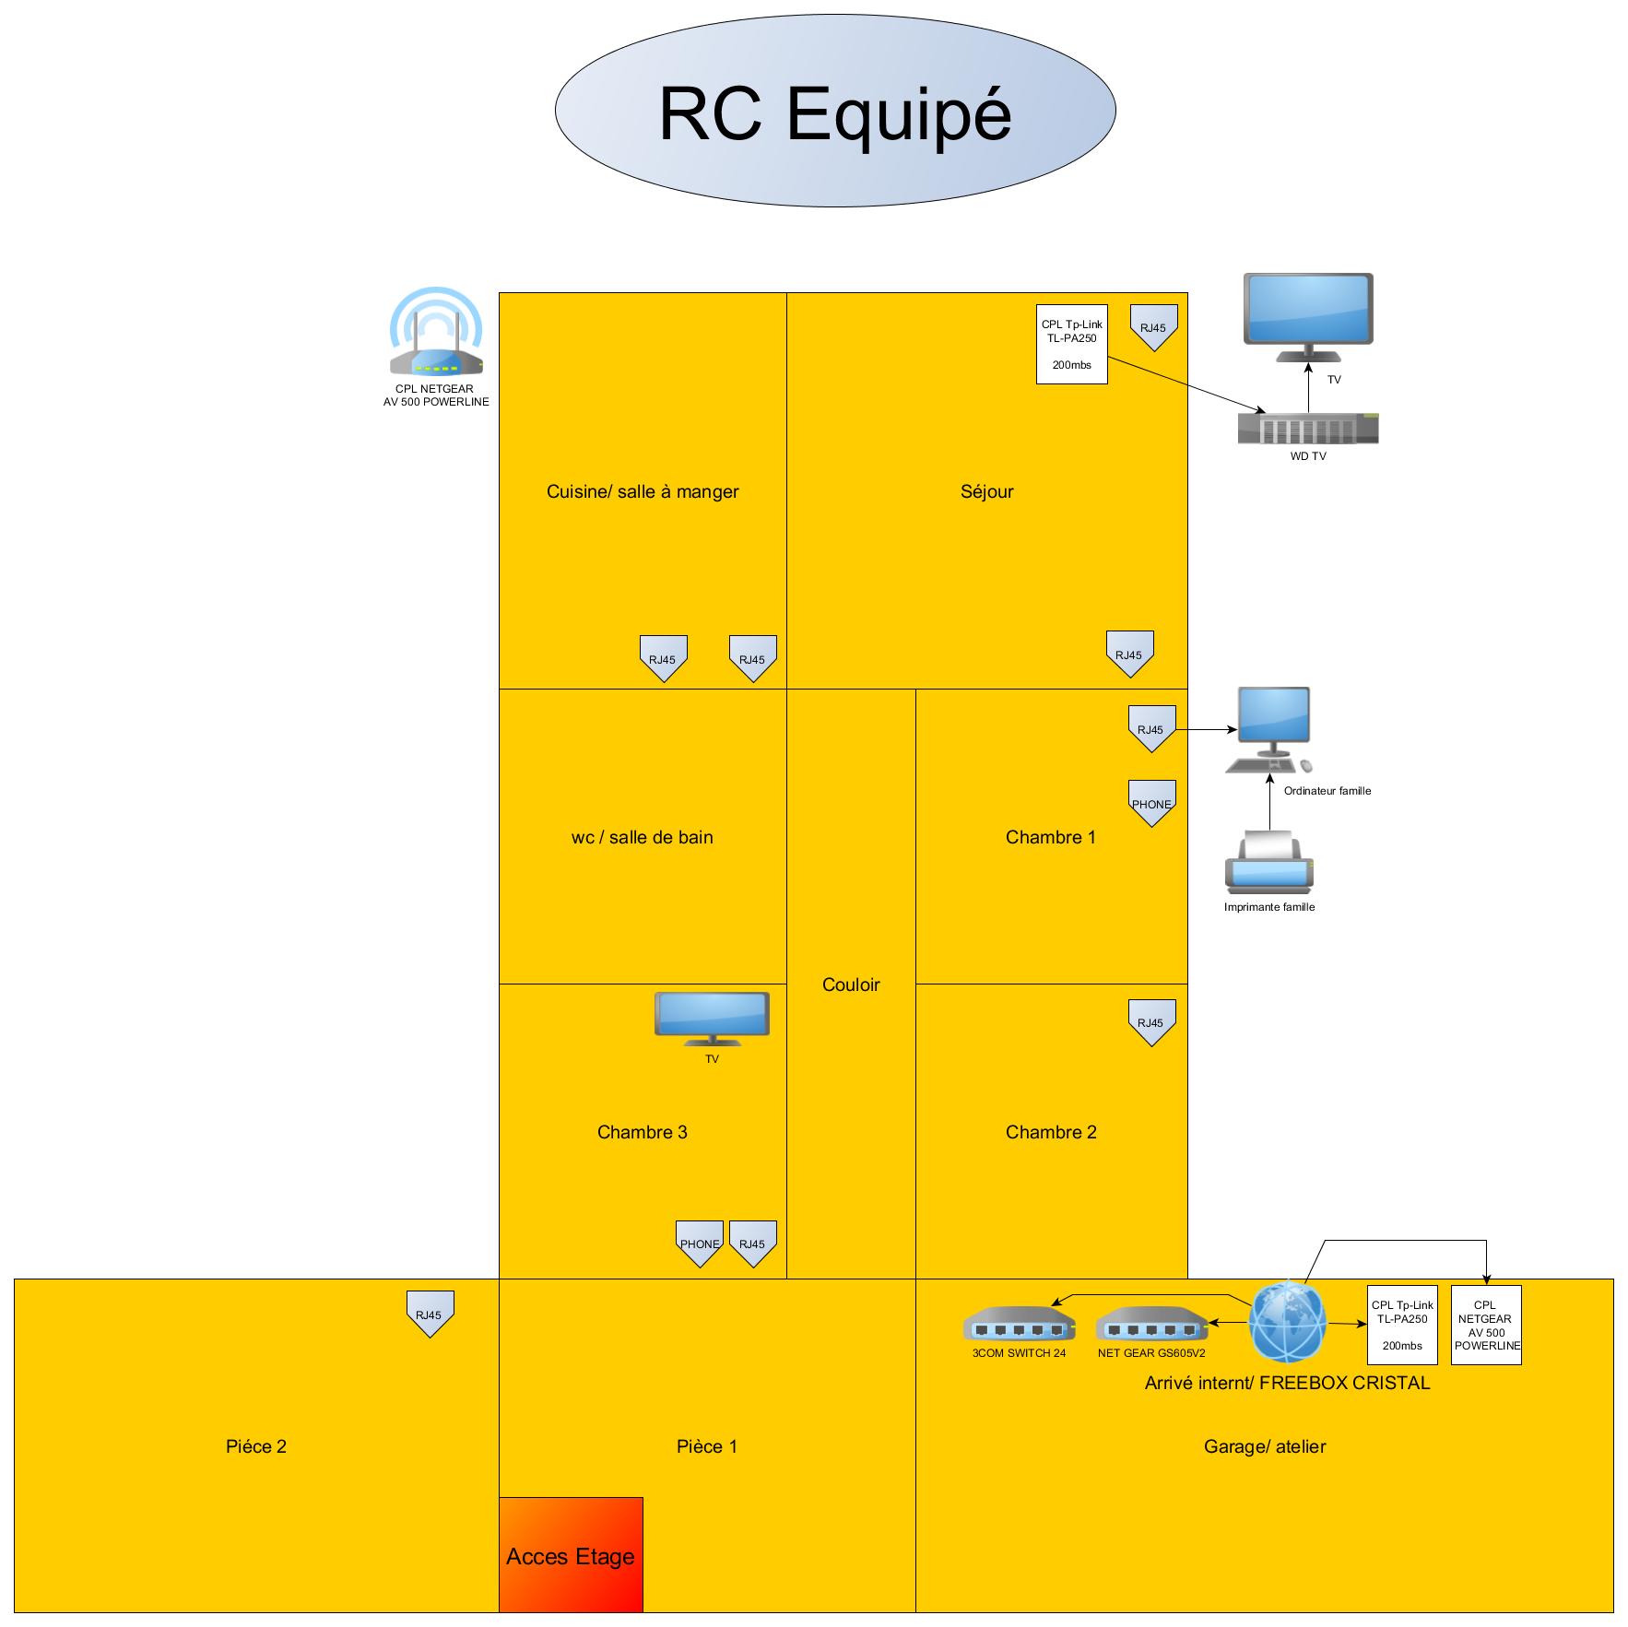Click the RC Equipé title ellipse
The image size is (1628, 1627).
click(834, 111)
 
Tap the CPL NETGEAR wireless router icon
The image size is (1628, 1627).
click(436, 334)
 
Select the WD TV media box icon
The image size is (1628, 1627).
click(1307, 428)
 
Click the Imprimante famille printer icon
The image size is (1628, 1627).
click(1268, 863)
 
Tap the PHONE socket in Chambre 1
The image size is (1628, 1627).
click(1151, 803)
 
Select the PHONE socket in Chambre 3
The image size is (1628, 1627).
click(700, 1243)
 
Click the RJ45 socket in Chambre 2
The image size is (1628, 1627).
click(1151, 1021)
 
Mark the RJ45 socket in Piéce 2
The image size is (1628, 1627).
click(430, 1314)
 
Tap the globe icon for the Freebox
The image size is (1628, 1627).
click(1288, 1322)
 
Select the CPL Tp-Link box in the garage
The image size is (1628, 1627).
click(1402, 1325)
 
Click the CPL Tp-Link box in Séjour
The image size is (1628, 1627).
click(1071, 345)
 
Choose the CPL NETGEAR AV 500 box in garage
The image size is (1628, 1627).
click(1486, 1325)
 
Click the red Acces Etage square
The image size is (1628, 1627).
click(571, 1554)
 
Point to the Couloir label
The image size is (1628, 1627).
click(851, 984)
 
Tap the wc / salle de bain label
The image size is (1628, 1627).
click(642, 837)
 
